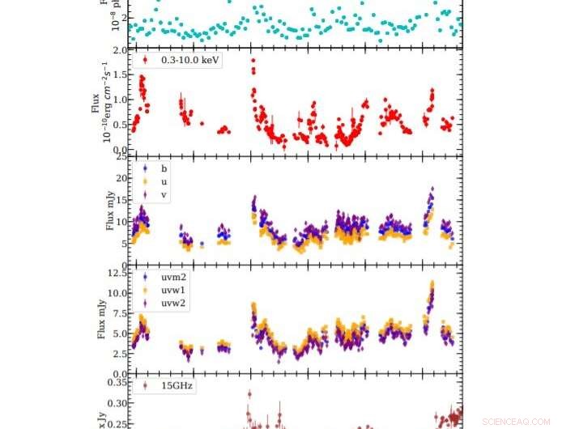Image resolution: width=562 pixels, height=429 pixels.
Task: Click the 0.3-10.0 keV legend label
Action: click(x=191, y=60)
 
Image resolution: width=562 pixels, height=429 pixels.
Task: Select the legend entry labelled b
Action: click(x=164, y=168)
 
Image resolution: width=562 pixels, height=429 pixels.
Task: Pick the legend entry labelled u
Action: click(x=164, y=182)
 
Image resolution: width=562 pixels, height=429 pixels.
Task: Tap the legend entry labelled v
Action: click(x=164, y=195)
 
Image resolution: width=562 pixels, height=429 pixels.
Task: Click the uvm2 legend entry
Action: click(x=173, y=275)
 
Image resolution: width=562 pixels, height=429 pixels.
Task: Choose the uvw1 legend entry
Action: click(x=173, y=289)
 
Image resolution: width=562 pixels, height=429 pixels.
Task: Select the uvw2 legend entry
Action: click(x=173, y=303)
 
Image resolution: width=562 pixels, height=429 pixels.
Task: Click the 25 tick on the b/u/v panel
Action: click(x=123, y=156)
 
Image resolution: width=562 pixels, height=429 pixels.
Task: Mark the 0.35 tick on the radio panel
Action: click(x=118, y=382)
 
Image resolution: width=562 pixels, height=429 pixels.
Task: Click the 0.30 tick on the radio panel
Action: click(x=118, y=403)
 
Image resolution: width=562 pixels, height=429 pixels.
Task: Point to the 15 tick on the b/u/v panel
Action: click(x=123, y=200)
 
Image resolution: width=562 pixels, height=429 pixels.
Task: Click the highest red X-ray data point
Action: click(x=253, y=60)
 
